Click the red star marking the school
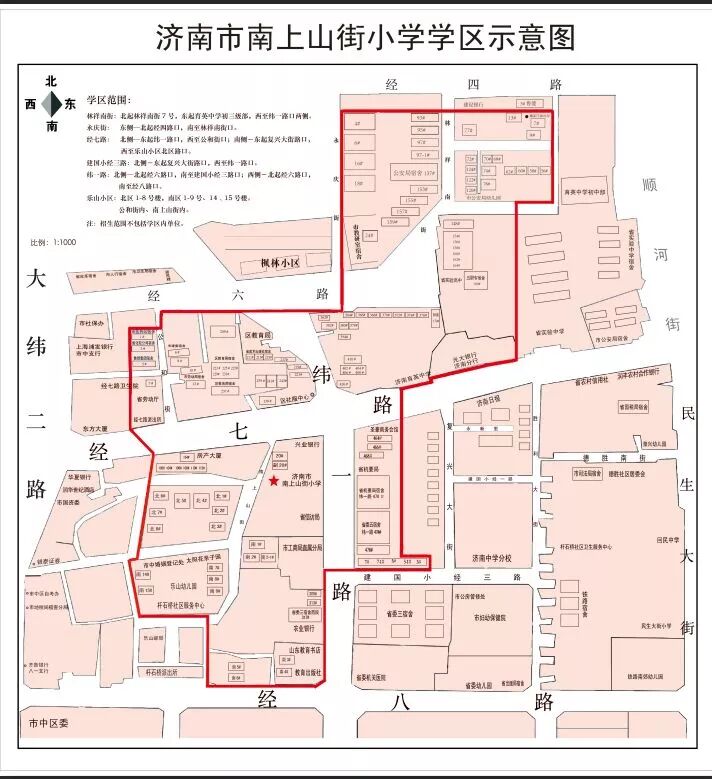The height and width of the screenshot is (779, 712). (274, 481)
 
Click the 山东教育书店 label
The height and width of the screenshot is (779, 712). (305, 650)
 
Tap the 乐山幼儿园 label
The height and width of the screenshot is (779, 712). (181, 588)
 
